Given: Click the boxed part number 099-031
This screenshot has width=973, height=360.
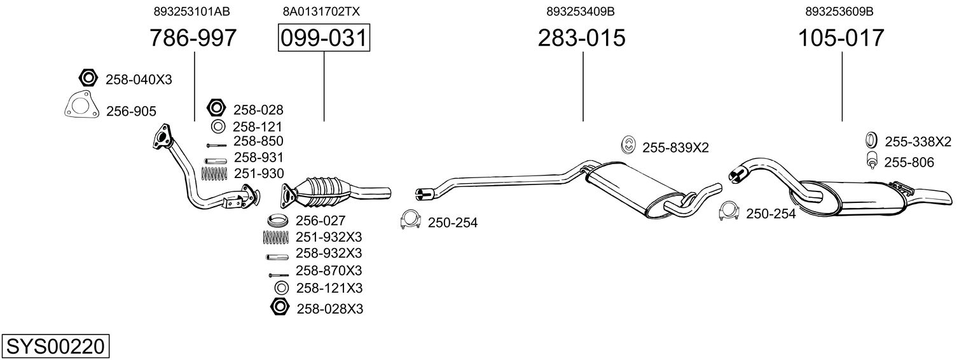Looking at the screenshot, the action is coord(324,38).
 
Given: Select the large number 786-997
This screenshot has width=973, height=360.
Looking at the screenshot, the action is coord(193,38).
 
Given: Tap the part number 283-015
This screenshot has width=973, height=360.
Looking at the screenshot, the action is coord(582,38).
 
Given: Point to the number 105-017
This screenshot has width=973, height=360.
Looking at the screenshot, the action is coord(841,38).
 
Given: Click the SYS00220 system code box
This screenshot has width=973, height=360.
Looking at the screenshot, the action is coord(55,347).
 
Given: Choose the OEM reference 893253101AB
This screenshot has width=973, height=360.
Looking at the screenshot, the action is coord(191,11).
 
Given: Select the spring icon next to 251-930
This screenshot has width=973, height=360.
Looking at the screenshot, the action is coord(214,173).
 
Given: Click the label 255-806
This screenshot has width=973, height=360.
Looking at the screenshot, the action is coord(909,163).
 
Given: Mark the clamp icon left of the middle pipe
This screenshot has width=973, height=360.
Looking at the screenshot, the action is coord(411,220).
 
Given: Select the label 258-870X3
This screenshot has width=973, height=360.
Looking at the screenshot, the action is coord(329,270).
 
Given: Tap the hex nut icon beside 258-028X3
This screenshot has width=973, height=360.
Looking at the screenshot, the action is coord(279,307).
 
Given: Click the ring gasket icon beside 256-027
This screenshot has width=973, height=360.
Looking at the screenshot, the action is coord(277,221).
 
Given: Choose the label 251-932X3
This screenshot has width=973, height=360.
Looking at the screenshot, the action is coord(329,237).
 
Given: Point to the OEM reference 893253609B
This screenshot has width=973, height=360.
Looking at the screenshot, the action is coord(839,11).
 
